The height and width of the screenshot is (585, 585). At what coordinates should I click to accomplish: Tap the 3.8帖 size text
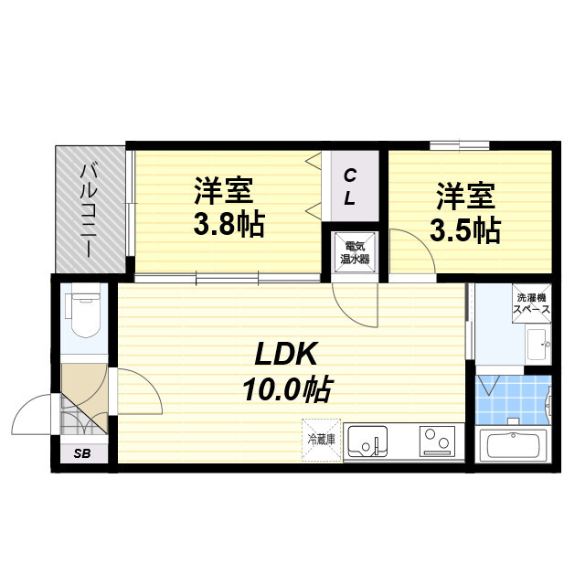pos(229,224)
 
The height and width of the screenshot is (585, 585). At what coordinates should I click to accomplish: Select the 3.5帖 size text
pos(465,230)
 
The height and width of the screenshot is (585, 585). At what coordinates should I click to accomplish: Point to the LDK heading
pos(286,354)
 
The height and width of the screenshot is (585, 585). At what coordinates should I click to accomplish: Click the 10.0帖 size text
pos(286,389)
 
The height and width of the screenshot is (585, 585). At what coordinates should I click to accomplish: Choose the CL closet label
pos(350,186)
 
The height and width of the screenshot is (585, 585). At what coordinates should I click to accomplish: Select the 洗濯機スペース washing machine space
pos(532,303)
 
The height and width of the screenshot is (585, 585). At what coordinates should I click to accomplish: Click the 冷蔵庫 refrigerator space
pos(321,440)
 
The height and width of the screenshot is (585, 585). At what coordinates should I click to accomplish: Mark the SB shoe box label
pos(82,453)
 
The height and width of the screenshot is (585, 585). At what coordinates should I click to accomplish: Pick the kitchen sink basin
pos(367,441)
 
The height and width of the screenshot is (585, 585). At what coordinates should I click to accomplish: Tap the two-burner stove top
pos(437,441)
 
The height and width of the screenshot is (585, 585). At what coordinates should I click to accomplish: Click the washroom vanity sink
pos(538,344)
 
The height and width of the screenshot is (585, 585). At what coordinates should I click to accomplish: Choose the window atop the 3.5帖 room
pos(459,145)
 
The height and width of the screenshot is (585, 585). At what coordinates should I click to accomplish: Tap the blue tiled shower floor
pos(514,399)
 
